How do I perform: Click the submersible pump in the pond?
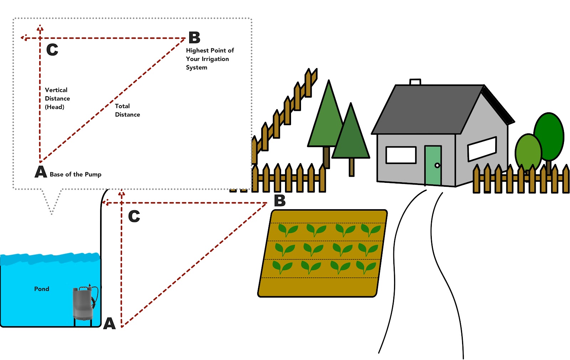click(x=83, y=303)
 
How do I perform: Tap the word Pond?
click(x=42, y=289)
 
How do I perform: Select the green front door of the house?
click(x=433, y=165)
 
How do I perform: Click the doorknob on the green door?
click(x=437, y=165)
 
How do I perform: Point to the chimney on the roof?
click(x=415, y=82)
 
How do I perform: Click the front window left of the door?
click(x=401, y=155)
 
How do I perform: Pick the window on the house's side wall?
click(x=482, y=149)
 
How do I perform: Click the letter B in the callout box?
click(x=195, y=37)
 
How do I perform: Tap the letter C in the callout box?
click(x=52, y=50)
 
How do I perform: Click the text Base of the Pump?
click(x=76, y=174)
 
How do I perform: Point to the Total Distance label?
click(x=127, y=110)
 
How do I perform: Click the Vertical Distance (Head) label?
click(x=57, y=98)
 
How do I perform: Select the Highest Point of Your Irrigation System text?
click(x=209, y=59)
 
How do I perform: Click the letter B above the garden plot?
click(x=280, y=201)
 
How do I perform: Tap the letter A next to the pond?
click(x=109, y=323)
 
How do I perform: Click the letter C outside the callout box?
click(x=134, y=216)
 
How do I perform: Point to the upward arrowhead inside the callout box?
click(x=40, y=27)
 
